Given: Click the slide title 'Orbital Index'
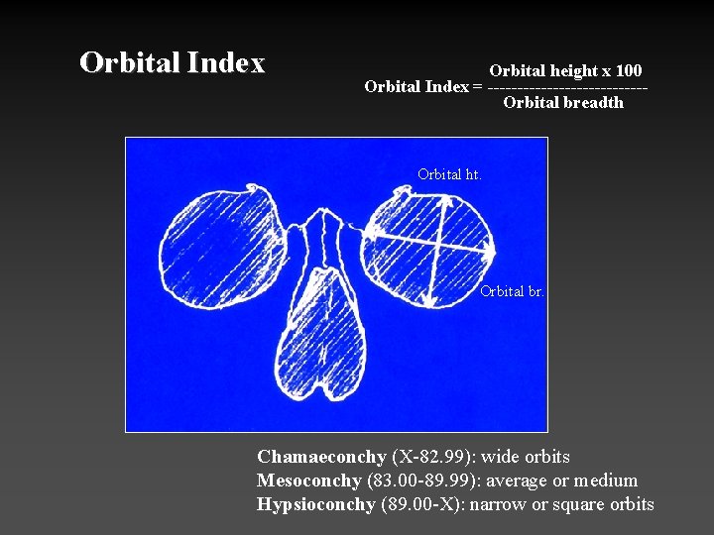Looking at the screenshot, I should coord(173,63).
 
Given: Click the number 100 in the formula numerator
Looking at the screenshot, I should coord(627,71).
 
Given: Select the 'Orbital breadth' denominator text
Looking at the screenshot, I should coord(563,103).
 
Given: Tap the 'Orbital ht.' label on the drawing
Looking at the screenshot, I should coord(449,174).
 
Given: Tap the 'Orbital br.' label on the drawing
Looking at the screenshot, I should coord(512,291).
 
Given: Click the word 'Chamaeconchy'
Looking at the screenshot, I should coord(320,457).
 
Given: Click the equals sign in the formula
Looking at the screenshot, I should coord(478,87).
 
